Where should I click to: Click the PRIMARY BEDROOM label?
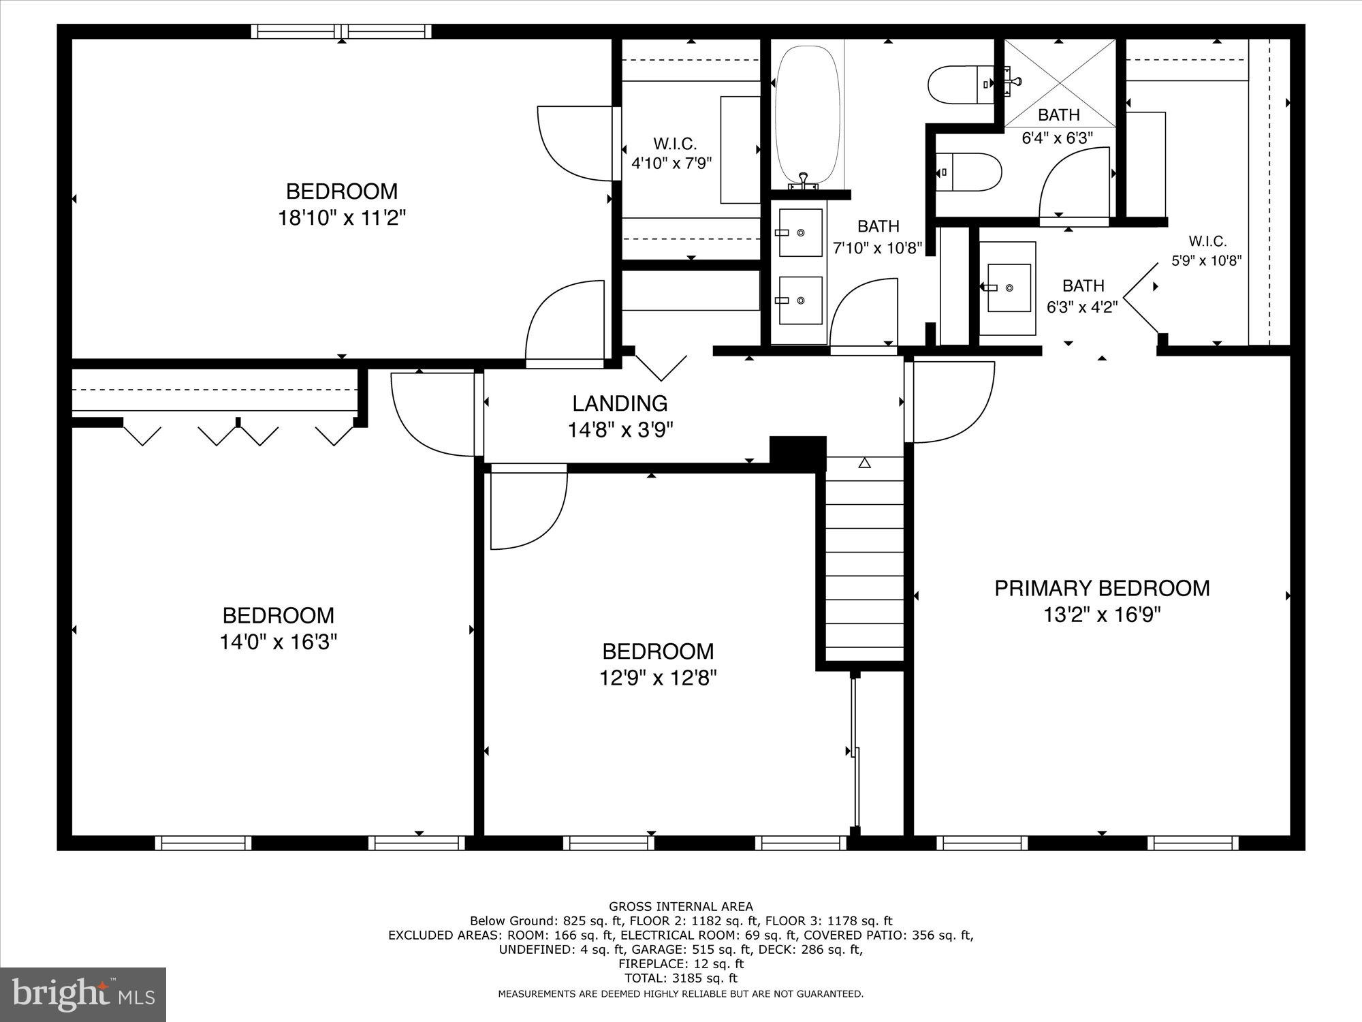tap(1101, 588)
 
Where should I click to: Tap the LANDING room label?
tap(619, 403)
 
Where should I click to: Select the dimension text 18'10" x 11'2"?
tap(341, 218)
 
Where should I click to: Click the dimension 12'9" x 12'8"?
tap(658, 678)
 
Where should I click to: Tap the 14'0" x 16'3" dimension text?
tap(278, 642)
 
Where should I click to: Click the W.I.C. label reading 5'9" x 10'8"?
tap(1207, 250)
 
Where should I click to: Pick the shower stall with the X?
tap(1060, 82)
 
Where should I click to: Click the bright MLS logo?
tap(83, 994)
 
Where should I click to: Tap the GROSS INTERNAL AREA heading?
tap(680, 906)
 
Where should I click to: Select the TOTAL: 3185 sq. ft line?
tap(680, 978)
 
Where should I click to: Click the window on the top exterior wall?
tap(341, 31)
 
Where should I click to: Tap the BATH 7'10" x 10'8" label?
tap(878, 236)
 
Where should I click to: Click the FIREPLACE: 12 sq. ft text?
tap(680, 963)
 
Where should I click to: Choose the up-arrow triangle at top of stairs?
tap(864, 463)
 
